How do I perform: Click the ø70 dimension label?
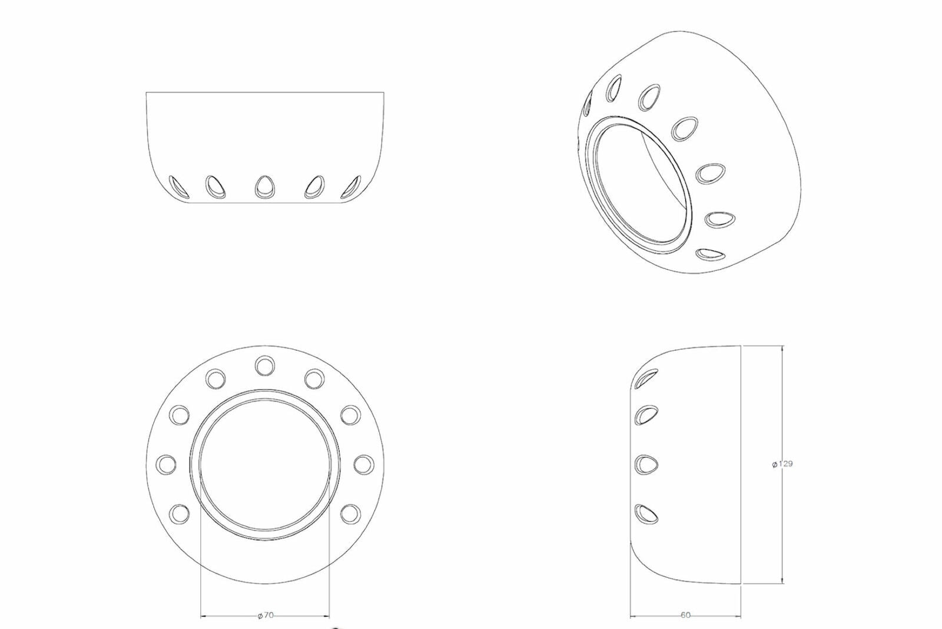tap(266, 615)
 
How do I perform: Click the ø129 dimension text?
tap(782, 464)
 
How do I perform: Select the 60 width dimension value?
tap(685, 615)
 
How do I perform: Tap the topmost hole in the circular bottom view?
tap(265, 366)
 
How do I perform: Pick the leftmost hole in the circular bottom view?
tap(166, 464)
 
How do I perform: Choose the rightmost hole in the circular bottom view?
tap(364, 464)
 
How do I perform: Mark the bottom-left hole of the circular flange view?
tap(179, 514)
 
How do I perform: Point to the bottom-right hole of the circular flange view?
tap(351, 514)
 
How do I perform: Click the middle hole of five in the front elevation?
tap(264, 186)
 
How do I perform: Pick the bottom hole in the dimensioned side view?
tap(646, 512)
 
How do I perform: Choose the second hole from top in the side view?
tap(646, 415)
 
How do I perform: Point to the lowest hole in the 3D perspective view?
tap(710, 254)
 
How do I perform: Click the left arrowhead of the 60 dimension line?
tap(633, 617)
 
